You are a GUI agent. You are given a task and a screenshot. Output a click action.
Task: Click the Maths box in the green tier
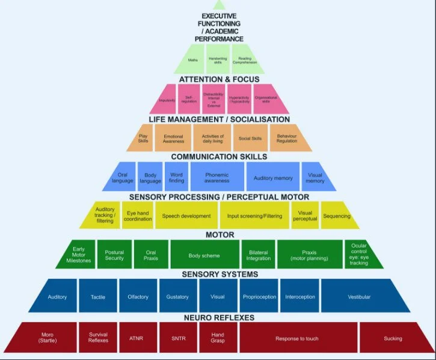tap(192, 59)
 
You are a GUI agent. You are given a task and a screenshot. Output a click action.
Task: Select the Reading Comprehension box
tap(244, 59)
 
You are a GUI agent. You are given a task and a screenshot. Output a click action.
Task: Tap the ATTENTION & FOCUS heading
tap(219, 79)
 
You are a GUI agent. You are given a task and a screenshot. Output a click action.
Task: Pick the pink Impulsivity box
tap(167, 100)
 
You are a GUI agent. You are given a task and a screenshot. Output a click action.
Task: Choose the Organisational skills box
tap(266, 100)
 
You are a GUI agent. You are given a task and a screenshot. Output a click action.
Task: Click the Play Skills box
tap(143, 139)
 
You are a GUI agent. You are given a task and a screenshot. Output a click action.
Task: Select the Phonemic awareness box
tap(216, 177)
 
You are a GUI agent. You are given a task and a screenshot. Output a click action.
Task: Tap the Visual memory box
tap(315, 177)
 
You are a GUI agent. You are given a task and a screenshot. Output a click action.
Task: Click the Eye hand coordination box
tap(139, 216)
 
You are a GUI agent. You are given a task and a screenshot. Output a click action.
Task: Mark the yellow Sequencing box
tap(336, 216)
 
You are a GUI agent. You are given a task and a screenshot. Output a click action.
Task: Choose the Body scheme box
tap(204, 255)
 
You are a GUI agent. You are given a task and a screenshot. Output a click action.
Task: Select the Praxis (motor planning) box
tap(310, 255)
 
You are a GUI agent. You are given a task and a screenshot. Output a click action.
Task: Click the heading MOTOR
tap(220, 235)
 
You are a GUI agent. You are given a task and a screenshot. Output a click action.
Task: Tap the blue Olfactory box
tap(137, 297)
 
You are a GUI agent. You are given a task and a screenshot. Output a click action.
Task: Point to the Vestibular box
tap(359, 297)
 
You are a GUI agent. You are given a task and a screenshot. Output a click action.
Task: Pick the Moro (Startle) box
tap(48, 338)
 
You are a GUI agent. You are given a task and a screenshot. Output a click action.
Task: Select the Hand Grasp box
tap(218, 338)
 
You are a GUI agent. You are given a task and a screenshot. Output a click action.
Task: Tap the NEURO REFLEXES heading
tap(218, 317)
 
